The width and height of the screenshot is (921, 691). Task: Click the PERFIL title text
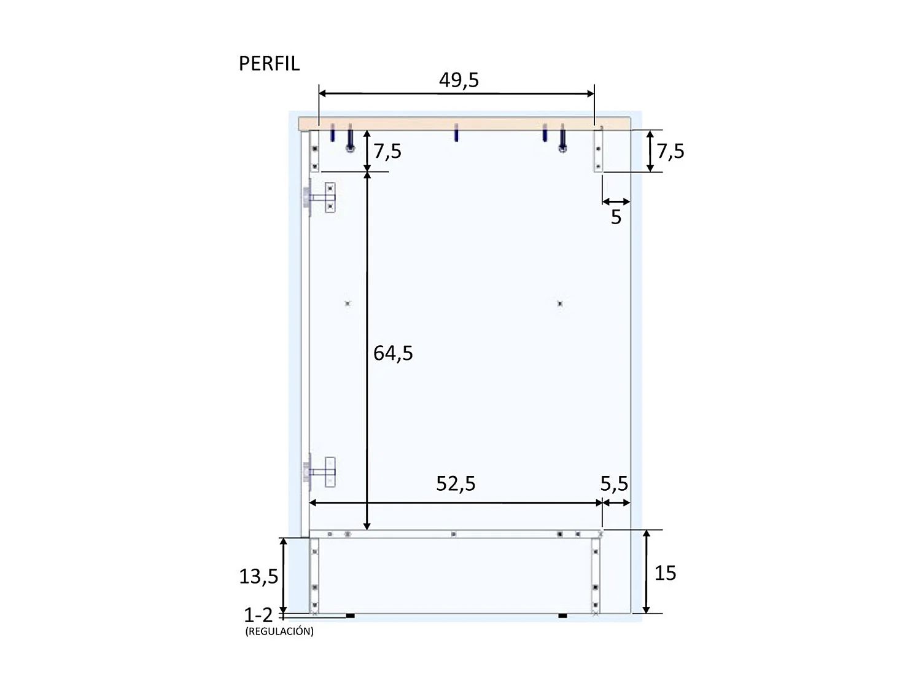tap(269, 64)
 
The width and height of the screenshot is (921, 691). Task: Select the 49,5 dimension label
tap(459, 80)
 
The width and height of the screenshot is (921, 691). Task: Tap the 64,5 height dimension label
tap(393, 353)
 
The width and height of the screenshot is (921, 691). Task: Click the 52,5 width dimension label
tap(456, 484)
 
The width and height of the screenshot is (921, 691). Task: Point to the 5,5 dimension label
tap(614, 484)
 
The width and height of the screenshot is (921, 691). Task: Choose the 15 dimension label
tap(665, 573)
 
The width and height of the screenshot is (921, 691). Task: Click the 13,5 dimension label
tap(258, 577)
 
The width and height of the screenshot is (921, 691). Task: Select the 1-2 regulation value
tap(258, 615)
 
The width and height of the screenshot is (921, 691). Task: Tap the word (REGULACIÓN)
tap(279, 631)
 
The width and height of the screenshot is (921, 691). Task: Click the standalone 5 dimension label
tap(616, 217)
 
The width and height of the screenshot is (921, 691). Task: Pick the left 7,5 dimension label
tap(388, 151)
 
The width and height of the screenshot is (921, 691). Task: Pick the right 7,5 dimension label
tap(670, 151)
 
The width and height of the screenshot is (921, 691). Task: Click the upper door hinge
tap(319, 198)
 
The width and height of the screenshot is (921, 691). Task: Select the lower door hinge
tap(319, 472)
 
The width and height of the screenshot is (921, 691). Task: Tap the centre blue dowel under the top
tap(456, 132)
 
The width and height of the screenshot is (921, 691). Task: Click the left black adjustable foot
tap(350, 615)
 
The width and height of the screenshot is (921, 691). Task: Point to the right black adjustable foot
tap(562, 615)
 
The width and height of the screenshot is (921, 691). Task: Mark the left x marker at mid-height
tap(348, 303)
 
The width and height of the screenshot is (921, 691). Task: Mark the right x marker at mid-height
tap(560, 303)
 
